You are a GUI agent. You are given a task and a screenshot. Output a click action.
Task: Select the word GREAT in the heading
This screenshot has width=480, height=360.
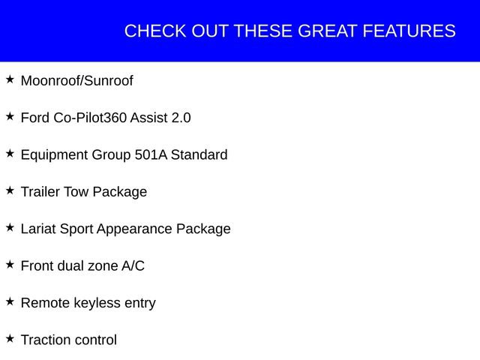(328, 31)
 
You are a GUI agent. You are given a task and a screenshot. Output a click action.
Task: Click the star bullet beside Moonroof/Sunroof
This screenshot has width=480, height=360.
(10, 79)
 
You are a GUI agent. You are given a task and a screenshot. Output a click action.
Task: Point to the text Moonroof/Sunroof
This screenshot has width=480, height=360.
(76, 81)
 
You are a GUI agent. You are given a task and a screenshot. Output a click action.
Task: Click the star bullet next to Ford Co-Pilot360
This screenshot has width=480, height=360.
(10, 116)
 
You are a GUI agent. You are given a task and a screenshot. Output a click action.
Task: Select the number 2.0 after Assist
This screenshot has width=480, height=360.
(181, 118)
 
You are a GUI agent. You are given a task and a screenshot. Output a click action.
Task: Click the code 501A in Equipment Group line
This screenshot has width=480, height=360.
(151, 154)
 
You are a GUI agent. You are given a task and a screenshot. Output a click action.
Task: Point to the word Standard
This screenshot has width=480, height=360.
(199, 154)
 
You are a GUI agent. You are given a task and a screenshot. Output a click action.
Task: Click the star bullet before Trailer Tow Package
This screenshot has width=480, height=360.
(10, 190)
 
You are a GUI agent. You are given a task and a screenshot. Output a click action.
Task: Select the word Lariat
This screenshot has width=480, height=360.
(38, 229)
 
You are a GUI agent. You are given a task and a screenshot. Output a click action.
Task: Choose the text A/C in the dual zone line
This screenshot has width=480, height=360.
(133, 265)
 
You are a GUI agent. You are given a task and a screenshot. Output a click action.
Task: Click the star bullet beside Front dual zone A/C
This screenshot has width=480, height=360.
(10, 265)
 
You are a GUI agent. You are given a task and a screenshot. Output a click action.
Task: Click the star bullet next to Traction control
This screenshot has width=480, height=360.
(10, 338)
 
